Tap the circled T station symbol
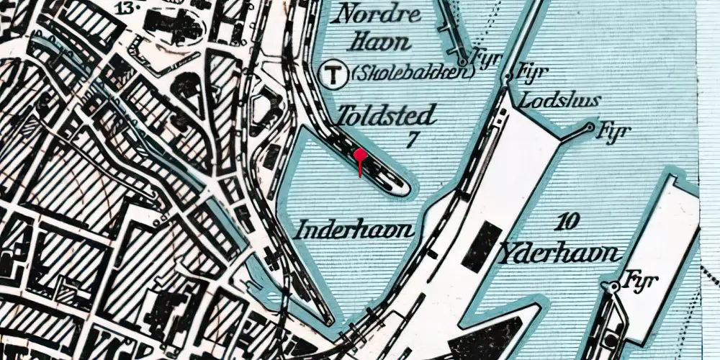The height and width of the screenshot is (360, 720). pos(332,73)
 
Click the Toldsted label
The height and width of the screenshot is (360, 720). pos(387,114)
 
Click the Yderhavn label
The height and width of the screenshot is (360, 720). pos(561,253)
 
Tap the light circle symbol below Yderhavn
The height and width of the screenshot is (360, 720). pos(613,287)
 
